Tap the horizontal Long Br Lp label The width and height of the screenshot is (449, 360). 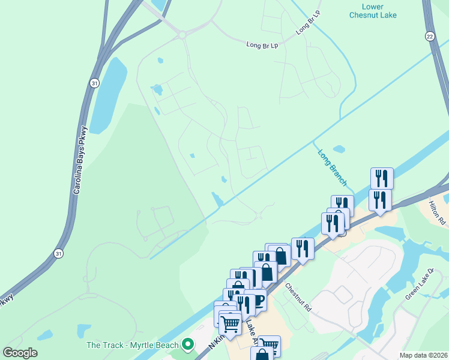(x=263, y=45)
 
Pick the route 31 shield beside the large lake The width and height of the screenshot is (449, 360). (x=94, y=82)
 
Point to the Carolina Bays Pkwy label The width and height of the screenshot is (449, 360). (x=80, y=160)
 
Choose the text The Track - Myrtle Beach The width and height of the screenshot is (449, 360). (x=133, y=345)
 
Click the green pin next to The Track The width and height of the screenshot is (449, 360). (x=188, y=344)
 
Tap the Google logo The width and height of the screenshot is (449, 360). (x=20, y=353)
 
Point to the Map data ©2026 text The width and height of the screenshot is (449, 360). (x=424, y=355)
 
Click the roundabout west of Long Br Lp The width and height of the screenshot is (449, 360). (x=181, y=35)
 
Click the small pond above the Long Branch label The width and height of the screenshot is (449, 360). (x=339, y=149)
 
